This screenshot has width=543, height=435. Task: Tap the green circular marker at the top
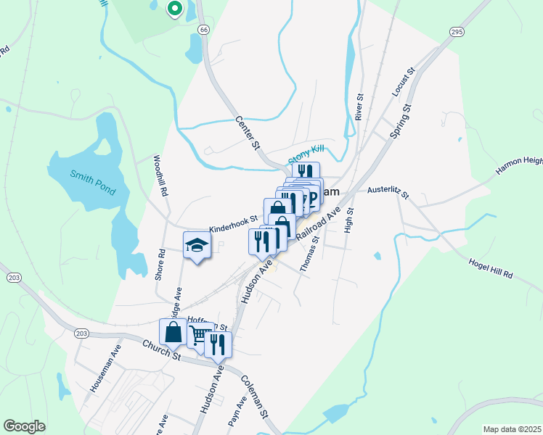tap(174, 9)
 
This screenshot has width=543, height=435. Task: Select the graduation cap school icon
tap(197, 245)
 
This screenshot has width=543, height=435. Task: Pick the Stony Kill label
tap(306, 154)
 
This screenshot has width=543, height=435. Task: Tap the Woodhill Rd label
tap(160, 177)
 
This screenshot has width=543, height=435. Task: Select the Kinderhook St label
tap(234, 223)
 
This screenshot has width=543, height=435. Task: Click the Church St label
tap(161, 352)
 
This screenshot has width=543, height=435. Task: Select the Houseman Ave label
tap(103, 374)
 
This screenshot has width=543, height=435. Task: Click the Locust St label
tap(403, 82)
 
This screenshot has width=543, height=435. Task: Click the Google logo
tap(24, 426)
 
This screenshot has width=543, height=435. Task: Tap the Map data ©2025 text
tap(511, 429)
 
